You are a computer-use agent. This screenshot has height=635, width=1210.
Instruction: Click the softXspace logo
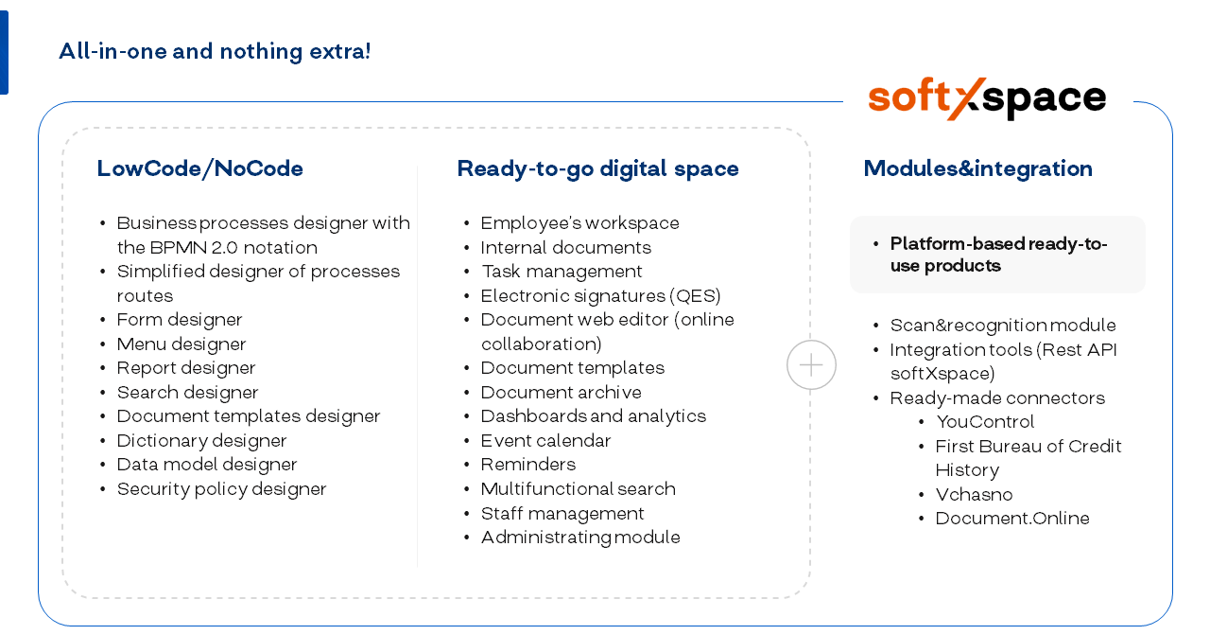point(987,98)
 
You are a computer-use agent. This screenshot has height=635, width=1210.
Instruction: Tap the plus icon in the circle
point(811,365)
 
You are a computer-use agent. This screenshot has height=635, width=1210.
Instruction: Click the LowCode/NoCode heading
point(199,168)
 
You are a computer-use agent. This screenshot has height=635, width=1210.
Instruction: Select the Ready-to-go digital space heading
point(597,169)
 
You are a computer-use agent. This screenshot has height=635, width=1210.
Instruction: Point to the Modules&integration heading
point(978,168)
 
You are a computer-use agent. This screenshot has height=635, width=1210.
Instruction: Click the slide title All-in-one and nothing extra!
point(215,51)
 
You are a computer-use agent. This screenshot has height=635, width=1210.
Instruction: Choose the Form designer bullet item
point(180,320)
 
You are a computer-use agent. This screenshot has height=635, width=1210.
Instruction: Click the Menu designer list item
point(181,344)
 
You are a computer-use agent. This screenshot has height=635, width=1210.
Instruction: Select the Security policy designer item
point(221,489)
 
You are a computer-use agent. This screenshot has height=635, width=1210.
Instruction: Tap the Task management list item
point(562,272)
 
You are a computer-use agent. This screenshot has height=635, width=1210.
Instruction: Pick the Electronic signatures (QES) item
point(600,296)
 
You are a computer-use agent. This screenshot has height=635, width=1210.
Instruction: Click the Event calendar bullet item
point(545,441)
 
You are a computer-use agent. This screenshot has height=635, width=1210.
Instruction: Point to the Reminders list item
point(528,465)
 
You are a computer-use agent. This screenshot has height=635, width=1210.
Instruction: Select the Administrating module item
point(580,538)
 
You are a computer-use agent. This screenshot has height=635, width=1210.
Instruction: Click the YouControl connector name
point(985,422)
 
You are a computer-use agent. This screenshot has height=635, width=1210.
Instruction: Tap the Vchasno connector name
point(974,495)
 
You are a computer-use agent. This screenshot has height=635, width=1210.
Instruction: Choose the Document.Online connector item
point(1012,519)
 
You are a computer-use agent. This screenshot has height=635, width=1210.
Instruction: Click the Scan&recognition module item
point(1003,326)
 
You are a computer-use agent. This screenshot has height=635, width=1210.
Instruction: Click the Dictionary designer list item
point(201,441)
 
